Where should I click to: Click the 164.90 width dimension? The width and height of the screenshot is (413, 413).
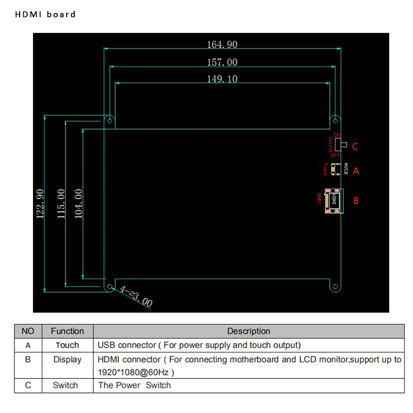[222, 44]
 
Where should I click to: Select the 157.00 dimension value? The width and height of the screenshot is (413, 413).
[222, 62]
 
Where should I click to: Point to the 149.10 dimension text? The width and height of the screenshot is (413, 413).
[222, 78]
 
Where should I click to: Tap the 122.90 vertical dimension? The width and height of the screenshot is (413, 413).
[40, 204]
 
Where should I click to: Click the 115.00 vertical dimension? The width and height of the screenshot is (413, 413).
[60, 204]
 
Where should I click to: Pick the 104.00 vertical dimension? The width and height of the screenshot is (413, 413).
[78, 204]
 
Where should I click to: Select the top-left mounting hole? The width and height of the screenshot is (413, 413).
[110, 120]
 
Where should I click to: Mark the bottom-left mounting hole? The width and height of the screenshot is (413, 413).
[110, 287]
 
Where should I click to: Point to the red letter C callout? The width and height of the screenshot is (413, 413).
[355, 147]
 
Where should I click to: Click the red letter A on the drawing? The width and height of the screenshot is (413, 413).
[355, 171]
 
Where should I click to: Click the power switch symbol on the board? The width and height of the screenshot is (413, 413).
[344, 145]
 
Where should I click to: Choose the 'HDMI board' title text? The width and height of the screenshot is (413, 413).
[45, 14]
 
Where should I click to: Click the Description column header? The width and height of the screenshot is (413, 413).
[248, 331]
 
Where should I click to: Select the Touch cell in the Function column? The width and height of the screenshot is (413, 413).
[67, 345]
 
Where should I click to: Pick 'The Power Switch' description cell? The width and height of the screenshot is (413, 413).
[134, 385]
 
